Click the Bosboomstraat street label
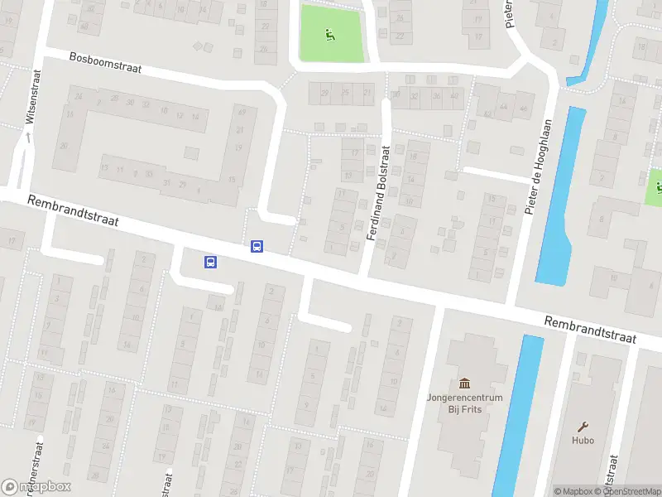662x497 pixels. (x=105, y=64)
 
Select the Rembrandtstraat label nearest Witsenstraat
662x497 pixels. (x=73, y=211)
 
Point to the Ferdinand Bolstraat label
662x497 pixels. (x=377, y=193)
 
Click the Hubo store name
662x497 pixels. (x=583, y=440)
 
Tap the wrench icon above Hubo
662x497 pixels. (x=583, y=426)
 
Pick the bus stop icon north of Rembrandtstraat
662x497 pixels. (x=257, y=246)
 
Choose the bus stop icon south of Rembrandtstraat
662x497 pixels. (x=210, y=263)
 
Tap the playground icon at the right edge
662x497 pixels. (x=657, y=186)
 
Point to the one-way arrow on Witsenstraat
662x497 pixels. (x=27, y=138)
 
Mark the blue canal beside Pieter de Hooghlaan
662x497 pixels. (x=556, y=199)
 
